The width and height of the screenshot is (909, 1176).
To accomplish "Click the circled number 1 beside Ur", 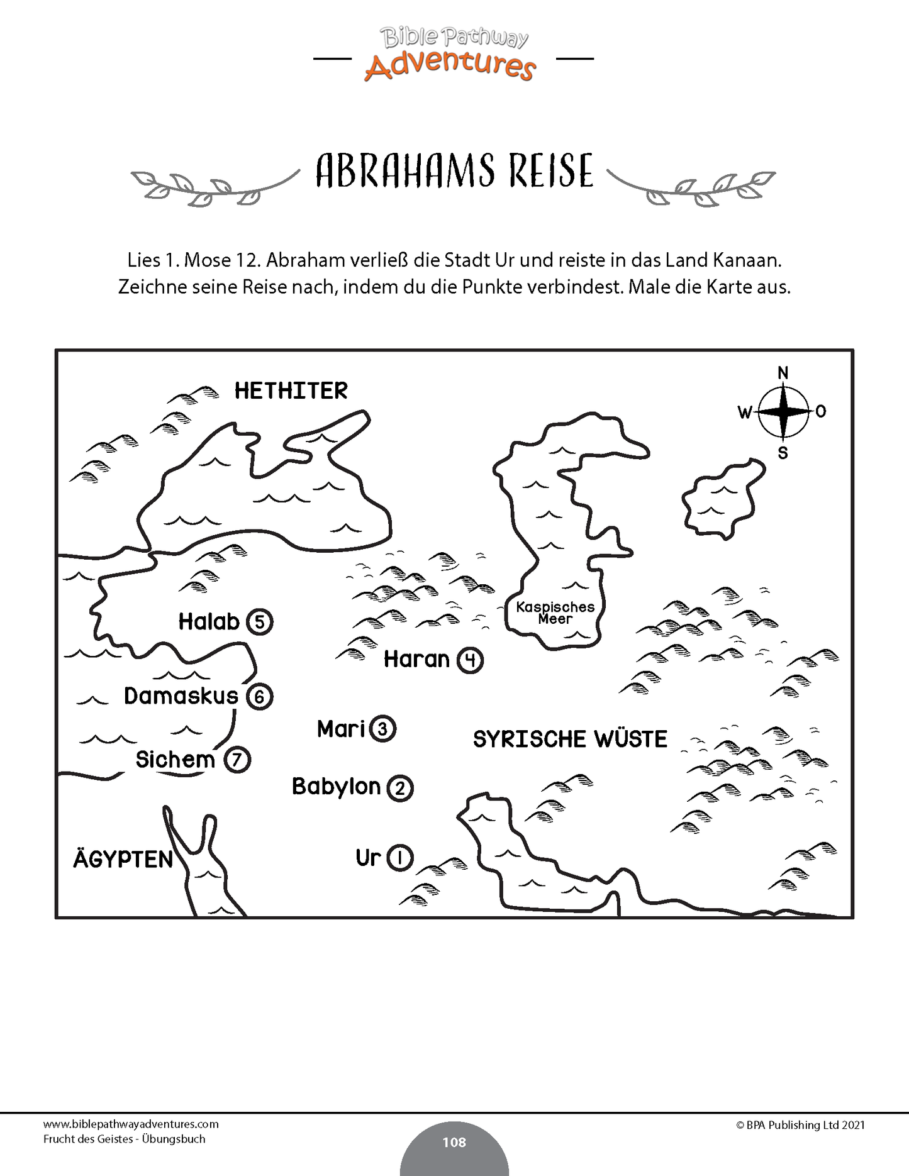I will (x=400, y=858).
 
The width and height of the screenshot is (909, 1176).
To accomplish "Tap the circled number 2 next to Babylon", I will (x=400, y=788).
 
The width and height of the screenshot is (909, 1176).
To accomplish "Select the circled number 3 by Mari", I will (x=382, y=729).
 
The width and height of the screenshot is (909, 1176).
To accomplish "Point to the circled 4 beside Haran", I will (x=470, y=660).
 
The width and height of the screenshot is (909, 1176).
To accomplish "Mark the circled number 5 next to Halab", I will (x=259, y=622).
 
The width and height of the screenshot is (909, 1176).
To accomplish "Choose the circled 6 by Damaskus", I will (x=259, y=697).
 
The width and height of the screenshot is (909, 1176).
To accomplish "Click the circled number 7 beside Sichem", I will (x=237, y=760).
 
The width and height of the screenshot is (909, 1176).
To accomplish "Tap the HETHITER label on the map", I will (x=291, y=391).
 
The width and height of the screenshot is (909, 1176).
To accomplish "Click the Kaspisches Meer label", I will (x=555, y=613).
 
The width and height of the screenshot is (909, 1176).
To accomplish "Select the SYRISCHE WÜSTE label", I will (x=570, y=740).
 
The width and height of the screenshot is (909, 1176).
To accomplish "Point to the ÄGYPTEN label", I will (x=123, y=859).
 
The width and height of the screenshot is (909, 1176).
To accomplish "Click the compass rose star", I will (x=783, y=412).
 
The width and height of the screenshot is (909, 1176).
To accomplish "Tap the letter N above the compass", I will (x=783, y=373).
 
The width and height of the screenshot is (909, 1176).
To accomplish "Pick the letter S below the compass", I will (x=783, y=453).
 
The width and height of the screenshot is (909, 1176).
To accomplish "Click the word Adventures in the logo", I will (x=450, y=65).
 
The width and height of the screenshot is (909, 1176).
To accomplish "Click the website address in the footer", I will (x=131, y=1124).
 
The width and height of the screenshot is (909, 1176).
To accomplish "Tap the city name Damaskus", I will (x=181, y=696).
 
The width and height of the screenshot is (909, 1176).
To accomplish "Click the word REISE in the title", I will (x=551, y=171).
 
